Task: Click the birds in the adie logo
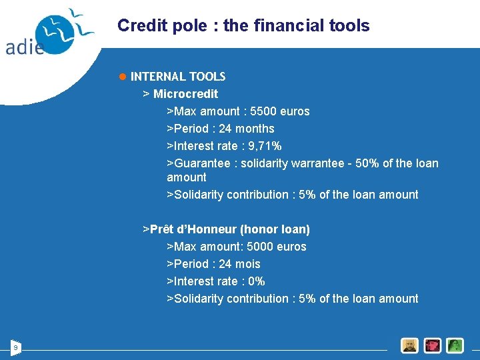(67, 27)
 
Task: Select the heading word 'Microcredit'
(185, 94)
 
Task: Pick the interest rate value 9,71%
(265, 146)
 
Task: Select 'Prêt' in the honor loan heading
(162, 229)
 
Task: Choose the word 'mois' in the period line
(247, 264)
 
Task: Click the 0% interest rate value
(256, 281)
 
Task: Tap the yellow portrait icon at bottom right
(409, 345)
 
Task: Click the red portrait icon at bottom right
(433, 345)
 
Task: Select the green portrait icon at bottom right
(455, 345)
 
